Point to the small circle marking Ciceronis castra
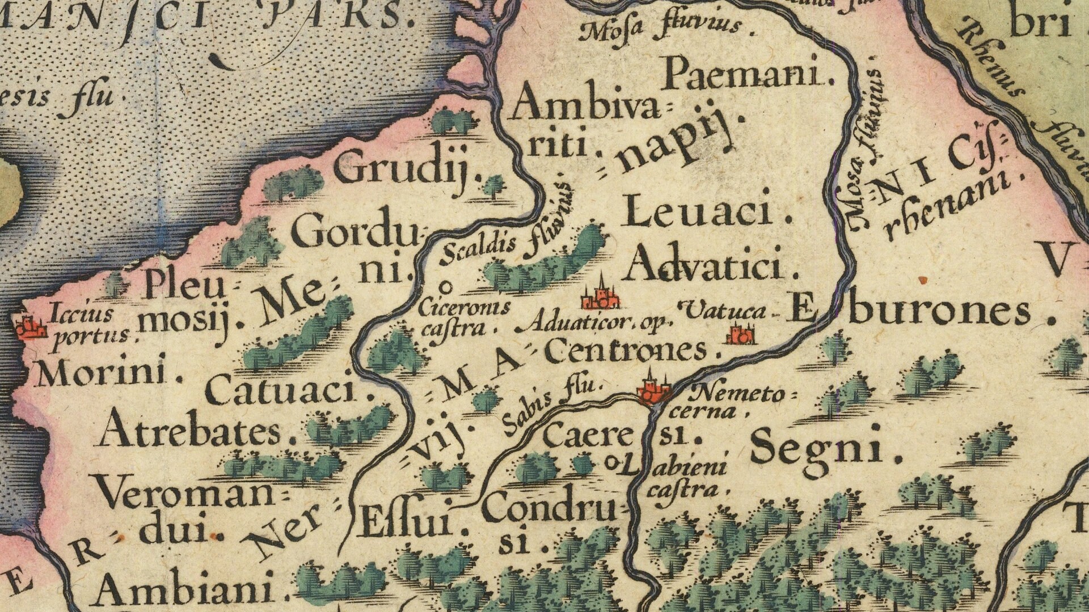coord(446,286)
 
